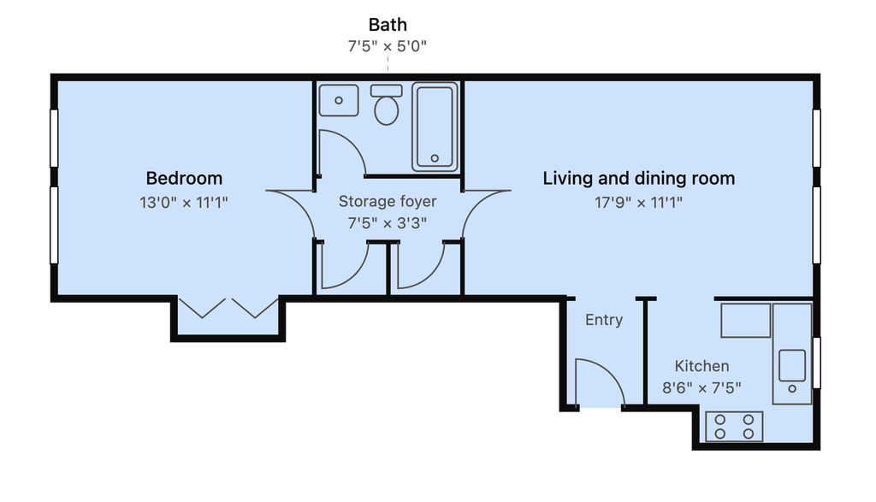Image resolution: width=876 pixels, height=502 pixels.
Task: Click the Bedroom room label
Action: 185,178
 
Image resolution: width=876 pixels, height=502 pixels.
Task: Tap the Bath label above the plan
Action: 388,25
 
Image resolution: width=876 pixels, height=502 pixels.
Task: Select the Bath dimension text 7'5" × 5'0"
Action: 388,46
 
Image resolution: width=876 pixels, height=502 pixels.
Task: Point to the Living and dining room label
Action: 638,179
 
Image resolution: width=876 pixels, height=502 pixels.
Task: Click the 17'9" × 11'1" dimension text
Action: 638,202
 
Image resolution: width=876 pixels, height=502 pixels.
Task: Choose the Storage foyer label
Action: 388,201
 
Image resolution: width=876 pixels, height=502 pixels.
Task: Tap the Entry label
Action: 604,320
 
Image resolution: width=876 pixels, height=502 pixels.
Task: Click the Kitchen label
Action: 701,366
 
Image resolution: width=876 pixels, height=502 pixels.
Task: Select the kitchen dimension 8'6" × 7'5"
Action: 701,387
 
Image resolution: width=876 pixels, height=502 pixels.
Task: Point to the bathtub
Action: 435,127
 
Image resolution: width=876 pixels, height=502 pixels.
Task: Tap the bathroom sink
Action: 339,101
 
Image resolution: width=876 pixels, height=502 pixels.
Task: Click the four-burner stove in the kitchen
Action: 734,427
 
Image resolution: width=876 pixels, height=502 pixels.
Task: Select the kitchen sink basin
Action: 792,366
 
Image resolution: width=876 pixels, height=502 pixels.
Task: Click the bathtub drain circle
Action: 435,158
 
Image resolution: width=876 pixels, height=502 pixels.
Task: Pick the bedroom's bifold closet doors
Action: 228,308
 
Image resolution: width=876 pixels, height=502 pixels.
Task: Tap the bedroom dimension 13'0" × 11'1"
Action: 184,202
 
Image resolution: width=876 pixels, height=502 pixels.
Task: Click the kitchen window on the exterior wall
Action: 816,363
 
